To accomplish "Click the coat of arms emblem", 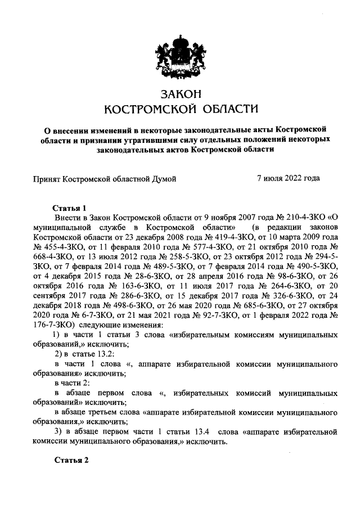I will click(x=180, y=53).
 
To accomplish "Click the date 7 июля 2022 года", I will click(x=288, y=179).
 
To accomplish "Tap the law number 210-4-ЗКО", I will click(x=296, y=217).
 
